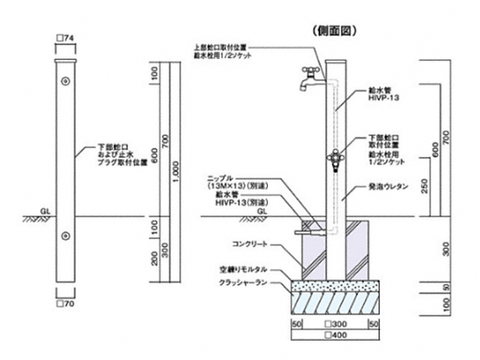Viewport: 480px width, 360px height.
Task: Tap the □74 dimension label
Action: pyautogui.click(x=66, y=39)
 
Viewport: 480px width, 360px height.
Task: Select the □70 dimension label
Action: pyautogui.click(x=66, y=304)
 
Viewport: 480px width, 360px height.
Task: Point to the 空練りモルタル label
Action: pyautogui.click(x=242, y=270)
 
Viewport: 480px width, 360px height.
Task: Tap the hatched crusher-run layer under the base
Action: pyautogui.click(x=336, y=302)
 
